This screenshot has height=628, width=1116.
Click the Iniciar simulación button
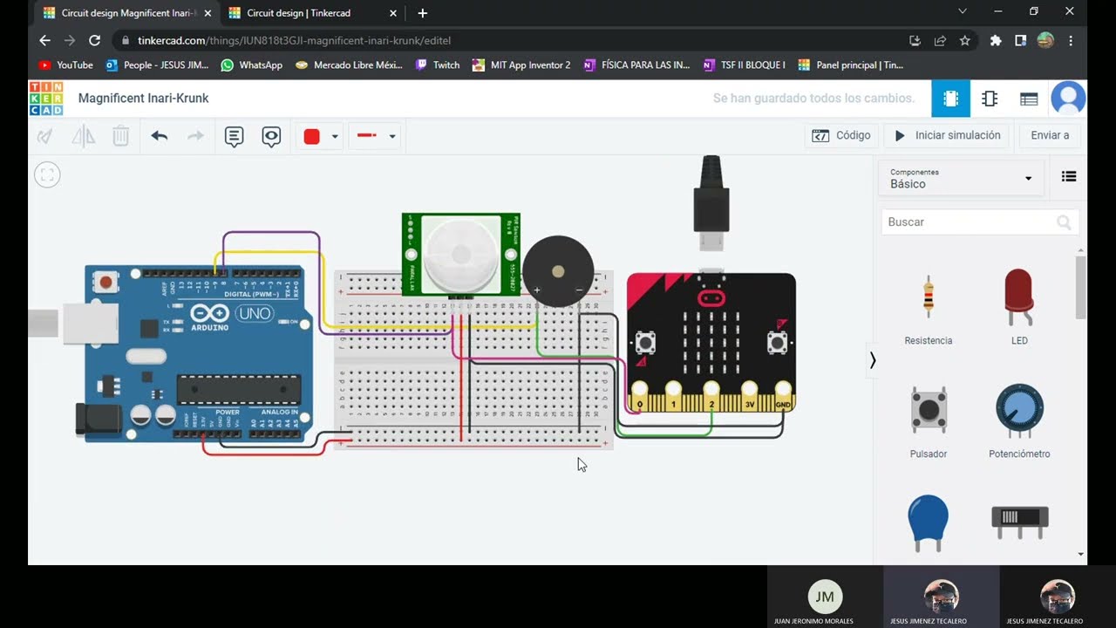947,135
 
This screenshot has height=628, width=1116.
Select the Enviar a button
1050,135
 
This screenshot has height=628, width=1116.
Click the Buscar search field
970,222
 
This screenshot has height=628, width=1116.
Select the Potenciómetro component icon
1019,410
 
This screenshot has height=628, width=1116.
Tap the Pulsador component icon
928,410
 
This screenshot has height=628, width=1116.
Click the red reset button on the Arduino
106,282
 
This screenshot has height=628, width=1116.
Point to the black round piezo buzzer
558,270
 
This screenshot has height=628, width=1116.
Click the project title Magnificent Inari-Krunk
143,99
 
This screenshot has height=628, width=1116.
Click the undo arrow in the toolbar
159,136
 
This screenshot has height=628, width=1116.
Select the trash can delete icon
121,136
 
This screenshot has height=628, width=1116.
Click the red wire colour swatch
312,136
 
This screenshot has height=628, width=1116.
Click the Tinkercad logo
45,99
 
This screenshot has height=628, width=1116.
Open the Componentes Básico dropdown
961,179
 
